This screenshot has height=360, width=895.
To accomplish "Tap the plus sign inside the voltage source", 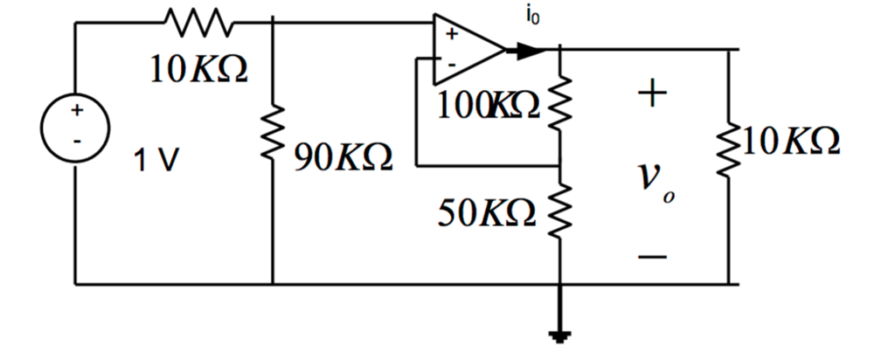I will click(76, 112).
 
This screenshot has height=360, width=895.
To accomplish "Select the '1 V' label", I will click(157, 161).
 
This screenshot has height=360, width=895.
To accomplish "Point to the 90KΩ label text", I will click(343, 159).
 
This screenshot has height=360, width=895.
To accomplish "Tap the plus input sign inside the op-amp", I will click(452, 35).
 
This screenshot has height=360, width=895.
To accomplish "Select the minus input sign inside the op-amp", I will click(452, 64).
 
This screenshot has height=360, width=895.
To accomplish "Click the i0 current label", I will click(532, 17).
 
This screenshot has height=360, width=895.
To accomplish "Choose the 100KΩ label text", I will click(489, 106).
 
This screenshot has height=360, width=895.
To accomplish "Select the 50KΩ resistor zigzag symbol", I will click(559, 210).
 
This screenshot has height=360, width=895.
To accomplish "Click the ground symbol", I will click(559, 335).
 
